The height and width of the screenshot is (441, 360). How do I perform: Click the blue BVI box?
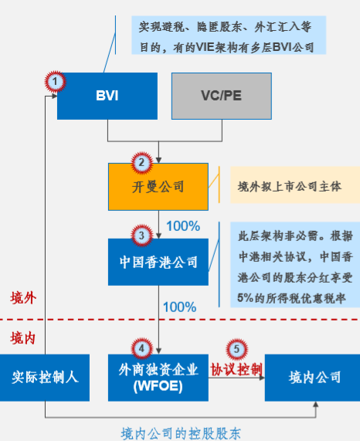coord(107,96)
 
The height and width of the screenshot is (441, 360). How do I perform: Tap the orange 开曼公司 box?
coord(158,187)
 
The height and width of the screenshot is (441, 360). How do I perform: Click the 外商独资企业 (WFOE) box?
coord(158,378)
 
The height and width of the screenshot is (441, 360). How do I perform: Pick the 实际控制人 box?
coord(46,377)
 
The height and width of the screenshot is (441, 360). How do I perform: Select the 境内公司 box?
coord(314,378)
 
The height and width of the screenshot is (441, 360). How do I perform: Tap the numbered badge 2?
coord(141,162)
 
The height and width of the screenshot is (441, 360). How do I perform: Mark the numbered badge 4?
coord(141,348)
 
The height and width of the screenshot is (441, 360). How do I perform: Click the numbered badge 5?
coord(236,348)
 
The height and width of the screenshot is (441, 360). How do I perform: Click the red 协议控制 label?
coord(236,368)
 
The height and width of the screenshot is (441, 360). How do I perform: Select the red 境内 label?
coord(23,338)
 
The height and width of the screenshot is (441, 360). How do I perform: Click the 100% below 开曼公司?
coord(183,227)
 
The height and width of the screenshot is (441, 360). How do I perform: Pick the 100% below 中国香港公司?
coord(179,307)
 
